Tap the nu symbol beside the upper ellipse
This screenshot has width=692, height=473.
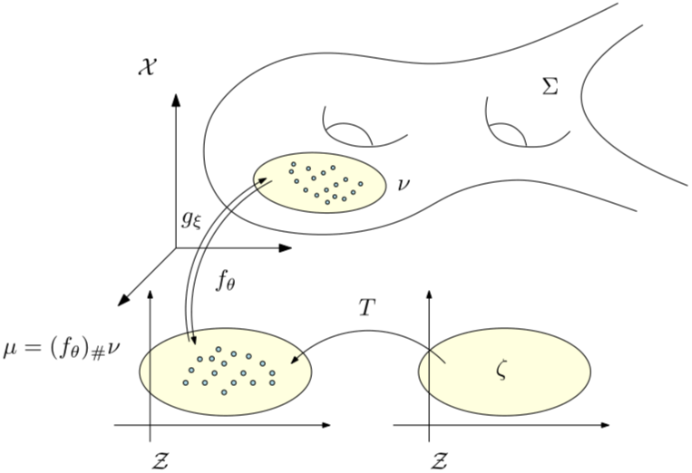(404, 184)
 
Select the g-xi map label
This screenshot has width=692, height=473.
(191, 218)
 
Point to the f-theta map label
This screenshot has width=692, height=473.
(226, 281)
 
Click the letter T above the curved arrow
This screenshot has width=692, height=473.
(366, 308)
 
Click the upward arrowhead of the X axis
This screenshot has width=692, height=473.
(175, 100)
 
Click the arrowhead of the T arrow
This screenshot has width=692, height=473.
(294, 363)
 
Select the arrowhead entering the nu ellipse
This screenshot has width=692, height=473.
(266, 182)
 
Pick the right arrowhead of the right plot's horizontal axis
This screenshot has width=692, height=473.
(606, 424)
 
